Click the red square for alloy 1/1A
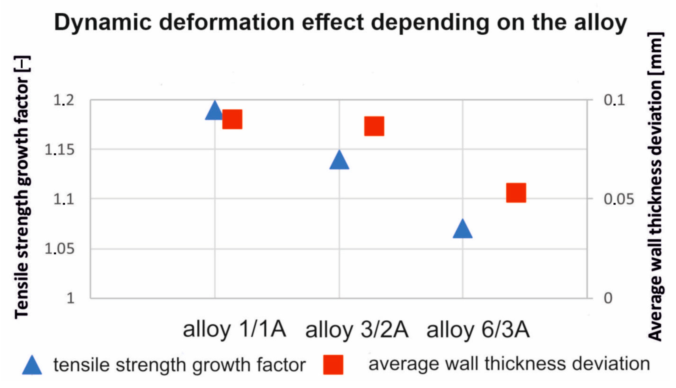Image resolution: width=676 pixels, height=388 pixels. coord(232,119)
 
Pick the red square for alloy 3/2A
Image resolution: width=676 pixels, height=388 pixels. coord(374,126)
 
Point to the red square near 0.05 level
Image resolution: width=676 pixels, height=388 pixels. coord(516,193)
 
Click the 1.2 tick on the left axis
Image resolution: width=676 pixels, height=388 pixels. coord(64,100)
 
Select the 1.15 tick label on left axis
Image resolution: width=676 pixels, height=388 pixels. coord(60,150)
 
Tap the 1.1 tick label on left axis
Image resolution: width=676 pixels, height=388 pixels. coord(64,199)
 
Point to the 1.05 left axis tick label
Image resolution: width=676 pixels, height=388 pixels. coord(60,249)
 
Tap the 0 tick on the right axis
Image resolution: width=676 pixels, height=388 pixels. coord(608,298)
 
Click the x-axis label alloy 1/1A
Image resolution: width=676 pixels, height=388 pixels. coord(234,329)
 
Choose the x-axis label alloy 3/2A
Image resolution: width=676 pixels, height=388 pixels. coord(357,330)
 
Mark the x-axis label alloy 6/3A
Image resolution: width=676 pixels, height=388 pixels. coord(478,330)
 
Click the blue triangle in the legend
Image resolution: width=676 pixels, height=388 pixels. coord(32,366)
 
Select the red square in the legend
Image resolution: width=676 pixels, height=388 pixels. coord(333,365)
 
